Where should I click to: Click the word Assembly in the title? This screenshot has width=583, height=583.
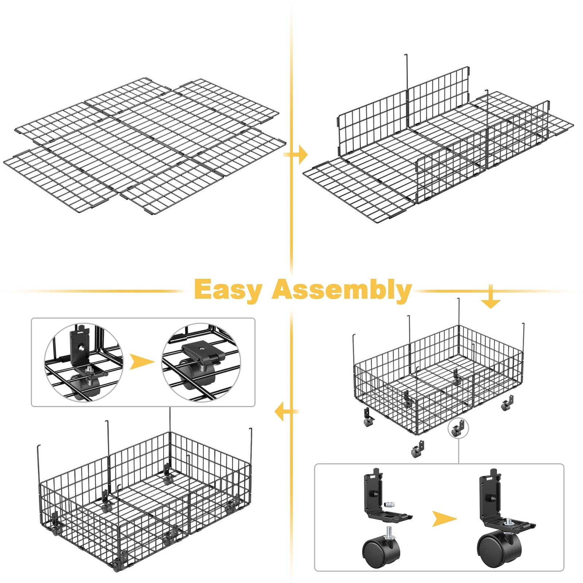342,290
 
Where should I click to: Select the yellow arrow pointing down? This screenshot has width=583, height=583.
490,297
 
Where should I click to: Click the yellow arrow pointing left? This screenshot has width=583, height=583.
286,411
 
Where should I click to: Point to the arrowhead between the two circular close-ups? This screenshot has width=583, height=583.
142,362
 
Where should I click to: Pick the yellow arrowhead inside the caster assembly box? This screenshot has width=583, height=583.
444,519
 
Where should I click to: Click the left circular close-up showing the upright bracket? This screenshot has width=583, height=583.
84,362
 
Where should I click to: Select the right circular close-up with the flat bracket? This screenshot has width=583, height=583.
201,362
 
